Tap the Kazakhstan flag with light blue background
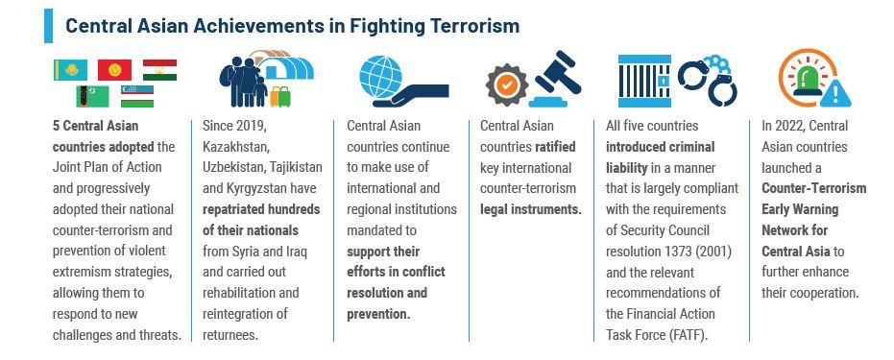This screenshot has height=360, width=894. point(71,70)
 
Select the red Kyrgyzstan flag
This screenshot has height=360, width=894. point(114,70)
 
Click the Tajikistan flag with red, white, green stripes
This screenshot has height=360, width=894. point(159,70)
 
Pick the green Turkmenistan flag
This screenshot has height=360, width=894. point(92,96)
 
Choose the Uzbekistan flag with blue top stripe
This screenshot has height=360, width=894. point(136,96)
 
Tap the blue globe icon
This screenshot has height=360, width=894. point(380,77)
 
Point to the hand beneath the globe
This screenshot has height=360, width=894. point(411,95)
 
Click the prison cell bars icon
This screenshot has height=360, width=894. point(644,81)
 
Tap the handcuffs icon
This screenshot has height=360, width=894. point(708,81)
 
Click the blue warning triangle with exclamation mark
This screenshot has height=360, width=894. point(834,93)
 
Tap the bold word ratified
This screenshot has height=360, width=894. point(555,147)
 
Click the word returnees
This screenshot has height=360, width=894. point(230,334)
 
